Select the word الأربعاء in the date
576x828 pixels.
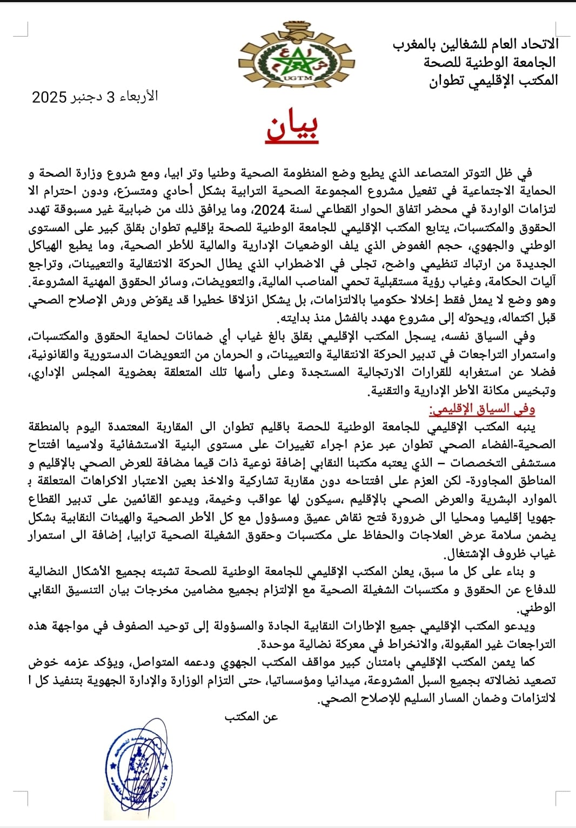[x=138, y=97]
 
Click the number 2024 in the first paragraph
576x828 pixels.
[x=269, y=209]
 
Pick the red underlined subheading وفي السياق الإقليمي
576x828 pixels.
[x=482, y=409]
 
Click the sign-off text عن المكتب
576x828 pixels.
[x=251, y=716]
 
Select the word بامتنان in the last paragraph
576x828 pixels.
[x=385, y=662]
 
